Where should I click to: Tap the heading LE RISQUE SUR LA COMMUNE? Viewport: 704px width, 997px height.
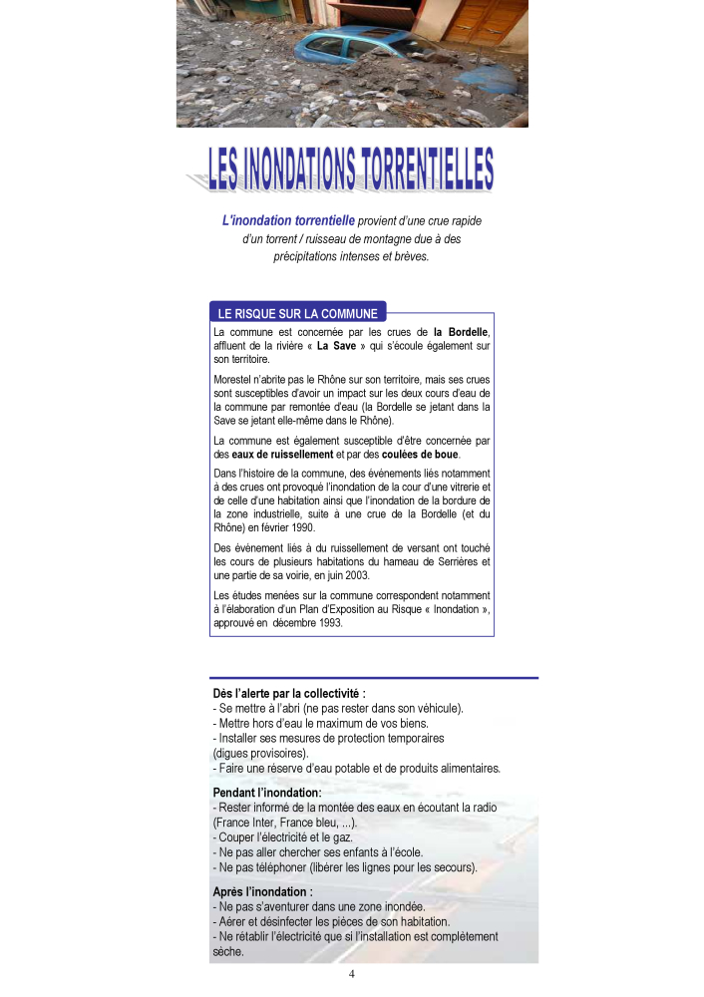(x=297, y=313)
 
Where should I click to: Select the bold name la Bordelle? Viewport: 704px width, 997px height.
(x=462, y=332)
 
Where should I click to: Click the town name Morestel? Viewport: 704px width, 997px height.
(x=235, y=380)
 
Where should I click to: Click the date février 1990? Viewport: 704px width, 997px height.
(x=286, y=526)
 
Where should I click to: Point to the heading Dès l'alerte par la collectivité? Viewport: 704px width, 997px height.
(x=289, y=693)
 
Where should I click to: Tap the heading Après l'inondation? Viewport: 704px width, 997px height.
(x=262, y=891)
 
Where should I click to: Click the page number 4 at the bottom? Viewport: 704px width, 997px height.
(x=352, y=974)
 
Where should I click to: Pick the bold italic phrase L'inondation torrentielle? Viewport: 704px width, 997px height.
(x=288, y=220)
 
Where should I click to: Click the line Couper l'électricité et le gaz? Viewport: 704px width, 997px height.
(x=283, y=837)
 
